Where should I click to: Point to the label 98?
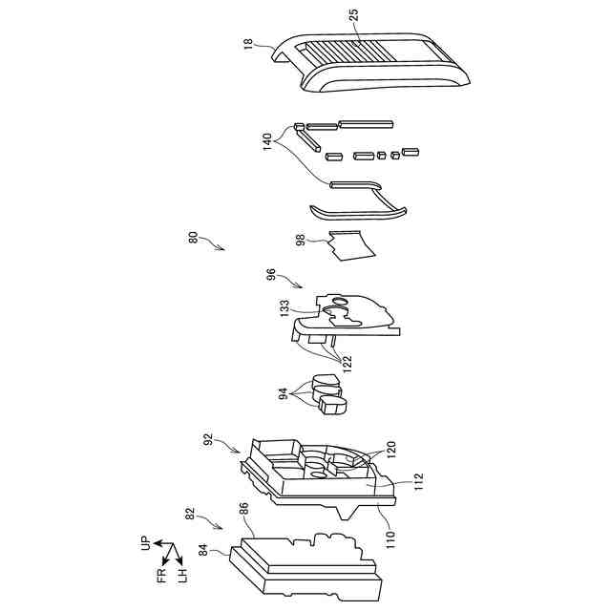[301, 242]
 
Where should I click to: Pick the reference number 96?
[271, 275]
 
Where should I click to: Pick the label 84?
[202, 549]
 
